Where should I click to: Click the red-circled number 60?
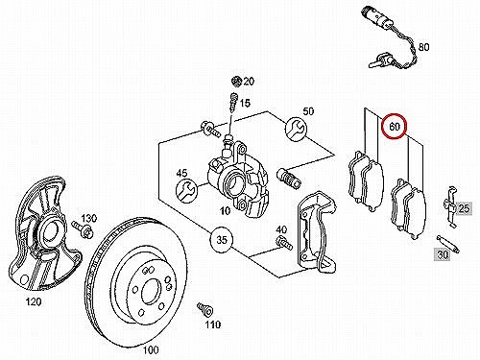(x=395, y=127)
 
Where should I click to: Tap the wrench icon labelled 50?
(x=296, y=130)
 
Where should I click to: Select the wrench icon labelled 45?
(x=187, y=191)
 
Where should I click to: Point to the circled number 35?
(x=222, y=239)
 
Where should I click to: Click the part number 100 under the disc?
(x=151, y=349)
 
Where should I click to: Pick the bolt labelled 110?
(x=204, y=309)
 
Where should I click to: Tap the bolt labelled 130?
(x=83, y=229)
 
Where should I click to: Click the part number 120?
(x=34, y=301)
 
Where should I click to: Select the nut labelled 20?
(x=237, y=81)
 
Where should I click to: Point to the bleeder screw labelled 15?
(x=233, y=103)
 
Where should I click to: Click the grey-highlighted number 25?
(x=464, y=208)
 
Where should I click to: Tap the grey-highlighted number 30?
(x=443, y=254)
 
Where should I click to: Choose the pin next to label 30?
(x=448, y=244)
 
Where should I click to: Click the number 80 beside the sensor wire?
(x=423, y=47)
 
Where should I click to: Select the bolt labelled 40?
(x=284, y=242)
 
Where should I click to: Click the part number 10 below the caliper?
(x=225, y=210)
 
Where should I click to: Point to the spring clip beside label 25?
(x=450, y=206)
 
